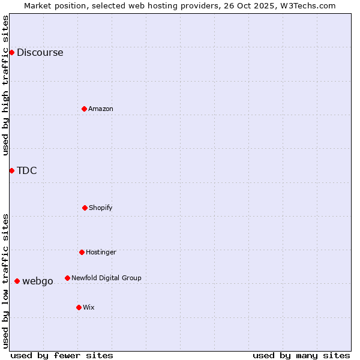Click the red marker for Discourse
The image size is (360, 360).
(11, 52)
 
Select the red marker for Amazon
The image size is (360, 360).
(85, 109)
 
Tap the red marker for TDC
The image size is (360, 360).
(11, 170)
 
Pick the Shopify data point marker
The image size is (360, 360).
(85, 208)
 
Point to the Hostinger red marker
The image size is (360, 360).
(82, 252)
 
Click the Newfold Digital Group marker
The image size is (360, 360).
(67, 278)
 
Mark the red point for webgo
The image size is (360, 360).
(17, 281)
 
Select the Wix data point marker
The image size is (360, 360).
(79, 307)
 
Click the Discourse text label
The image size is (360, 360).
(40, 52)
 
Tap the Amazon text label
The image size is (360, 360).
(101, 109)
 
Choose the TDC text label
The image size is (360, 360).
(26, 170)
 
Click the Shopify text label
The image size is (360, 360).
(101, 208)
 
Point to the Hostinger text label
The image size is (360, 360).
(101, 252)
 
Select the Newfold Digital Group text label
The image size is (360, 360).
(106, 278)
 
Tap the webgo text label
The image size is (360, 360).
(38, 281)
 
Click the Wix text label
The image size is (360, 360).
(89, 307)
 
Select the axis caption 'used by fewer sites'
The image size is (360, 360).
(62, 355)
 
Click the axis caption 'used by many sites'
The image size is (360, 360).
(301, 355)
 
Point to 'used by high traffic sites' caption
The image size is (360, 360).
(5, 85)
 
